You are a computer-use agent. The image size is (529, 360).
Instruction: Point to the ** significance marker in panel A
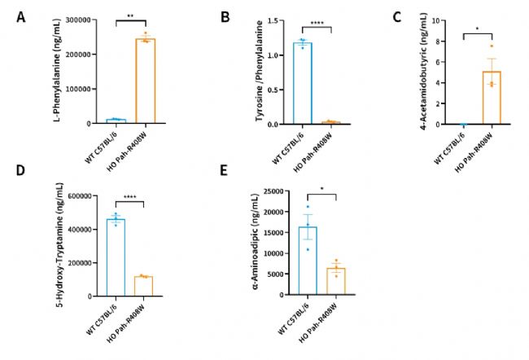point(130,14)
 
